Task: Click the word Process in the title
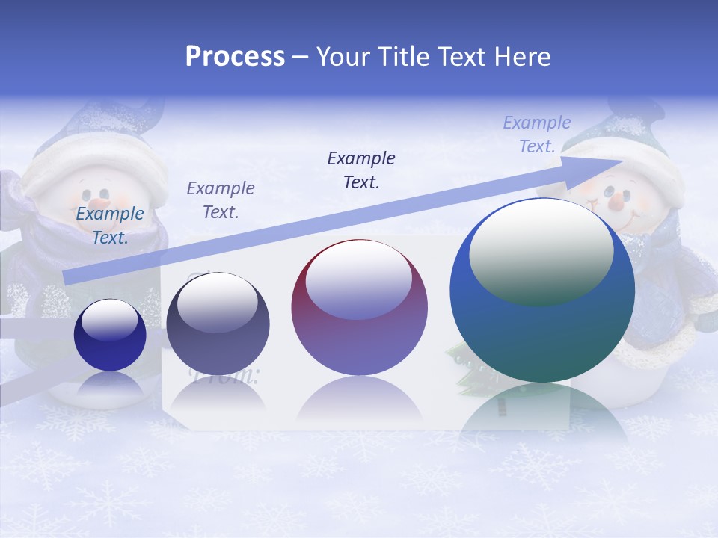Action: click(235, 57)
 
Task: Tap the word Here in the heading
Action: click(524, 57)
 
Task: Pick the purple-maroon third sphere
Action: click(359, 308)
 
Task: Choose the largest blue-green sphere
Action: click(542, 291)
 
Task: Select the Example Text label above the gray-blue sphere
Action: click(221, 200)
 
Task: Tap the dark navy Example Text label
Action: click(361, 170)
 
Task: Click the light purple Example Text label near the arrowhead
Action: click(536, 134)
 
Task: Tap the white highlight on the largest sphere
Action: click(541, 250)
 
